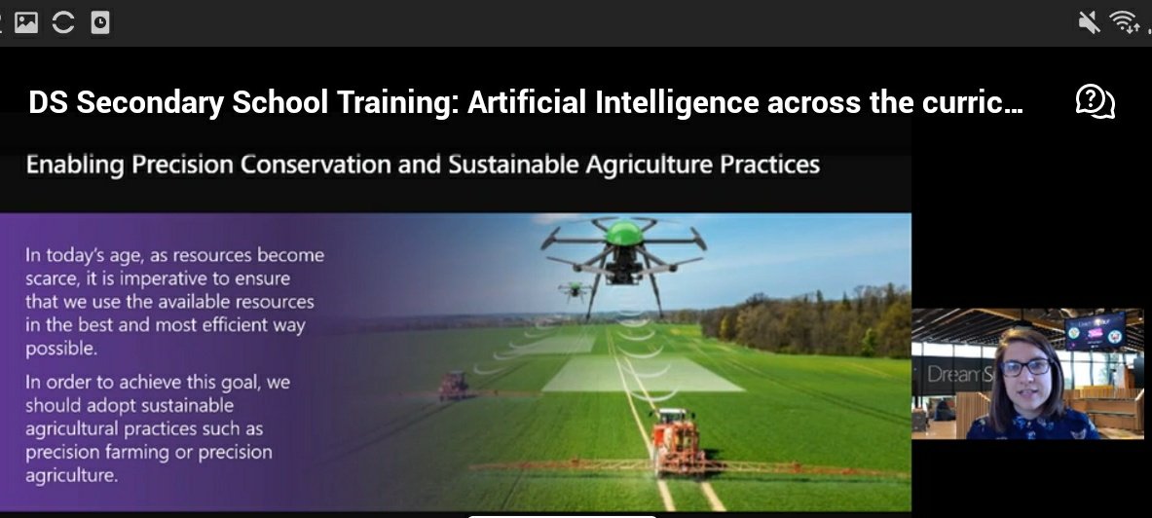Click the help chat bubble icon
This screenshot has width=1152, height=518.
pos(1095,101)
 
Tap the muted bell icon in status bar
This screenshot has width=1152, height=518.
pos(1089,21)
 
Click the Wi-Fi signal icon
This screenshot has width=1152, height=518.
pos(1125,21)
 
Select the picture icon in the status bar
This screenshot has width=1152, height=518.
pos(26,22)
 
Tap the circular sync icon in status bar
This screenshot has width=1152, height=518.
pos(63,22)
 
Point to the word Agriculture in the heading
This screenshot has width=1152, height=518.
pos(649,165)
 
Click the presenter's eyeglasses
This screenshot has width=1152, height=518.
pos(1025,367)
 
